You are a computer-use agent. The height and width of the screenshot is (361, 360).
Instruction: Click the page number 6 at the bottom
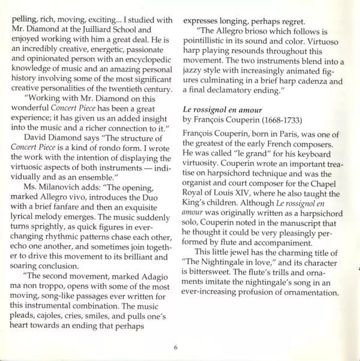click(x=176, y=347)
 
